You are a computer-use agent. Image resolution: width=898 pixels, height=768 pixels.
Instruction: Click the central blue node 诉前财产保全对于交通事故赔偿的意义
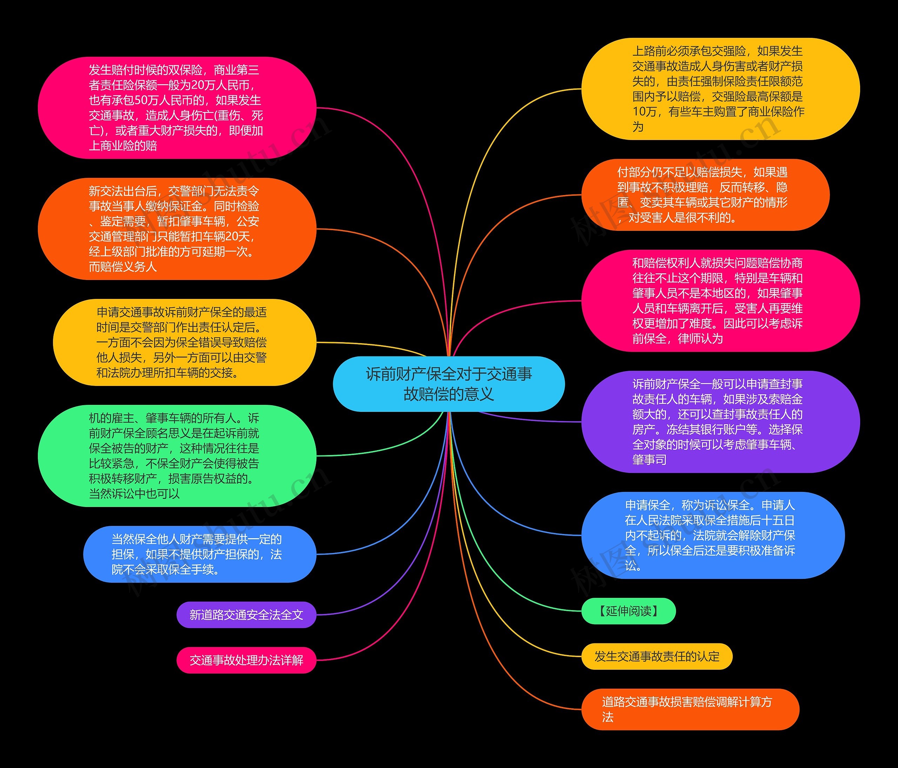pos(449,384)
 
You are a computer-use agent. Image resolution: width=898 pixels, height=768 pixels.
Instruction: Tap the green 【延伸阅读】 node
pos(629,611)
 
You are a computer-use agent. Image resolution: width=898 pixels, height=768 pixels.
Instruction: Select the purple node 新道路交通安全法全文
pos(246,615)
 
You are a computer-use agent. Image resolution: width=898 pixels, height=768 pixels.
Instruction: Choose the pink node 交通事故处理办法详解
pos(246,660)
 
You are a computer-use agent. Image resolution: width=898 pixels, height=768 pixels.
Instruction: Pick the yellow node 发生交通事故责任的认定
pos(657,657)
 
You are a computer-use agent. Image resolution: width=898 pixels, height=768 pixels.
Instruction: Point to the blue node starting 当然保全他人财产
pos(199,554)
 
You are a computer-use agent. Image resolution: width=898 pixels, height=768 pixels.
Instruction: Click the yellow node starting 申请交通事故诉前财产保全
pos(184,342)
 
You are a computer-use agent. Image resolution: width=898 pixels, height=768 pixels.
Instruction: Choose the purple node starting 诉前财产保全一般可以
pos(720,421)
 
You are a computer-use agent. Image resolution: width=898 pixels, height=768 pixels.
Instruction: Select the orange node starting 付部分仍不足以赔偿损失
pos(705,195)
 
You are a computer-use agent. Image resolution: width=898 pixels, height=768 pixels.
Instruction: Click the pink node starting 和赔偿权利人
pos(720,300)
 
